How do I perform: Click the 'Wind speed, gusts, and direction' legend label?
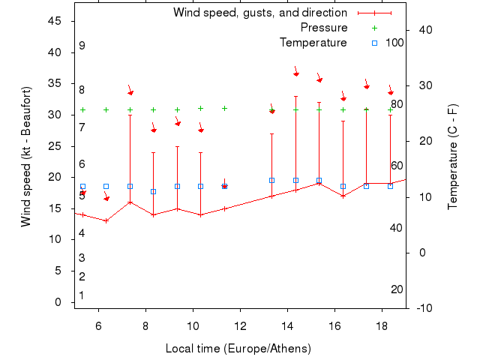[x=259, y=13]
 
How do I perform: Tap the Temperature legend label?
[x=313, y=43]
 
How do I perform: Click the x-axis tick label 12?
[x=241, y=325]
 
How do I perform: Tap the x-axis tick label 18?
[x=382, y=325]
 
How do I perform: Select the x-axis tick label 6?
[x=99, y=325]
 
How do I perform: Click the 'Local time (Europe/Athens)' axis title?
[x=238, y=349]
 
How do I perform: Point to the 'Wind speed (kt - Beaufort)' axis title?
[x=25, y=157]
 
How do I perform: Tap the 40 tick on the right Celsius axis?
[x=426, y=30]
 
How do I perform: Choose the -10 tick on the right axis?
[x=424, y=308]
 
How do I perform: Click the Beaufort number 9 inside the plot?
[x=82, y=46]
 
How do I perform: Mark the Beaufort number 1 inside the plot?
[x=82, y=295]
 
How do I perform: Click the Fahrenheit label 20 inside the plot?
[x=397, y=289]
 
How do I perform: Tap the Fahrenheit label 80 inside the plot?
[x=397, y=104]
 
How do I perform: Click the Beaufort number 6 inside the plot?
[x=82, y=164]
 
